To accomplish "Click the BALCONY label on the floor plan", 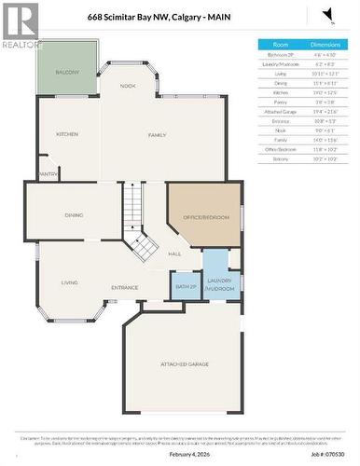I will [67, 72].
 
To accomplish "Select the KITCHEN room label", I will [66, 134].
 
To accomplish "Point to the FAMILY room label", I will [156, 135].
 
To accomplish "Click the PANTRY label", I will [48, 173].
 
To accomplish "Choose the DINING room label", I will [74, 215].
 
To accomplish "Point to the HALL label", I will [174, 254].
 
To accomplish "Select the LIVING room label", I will [69, 282].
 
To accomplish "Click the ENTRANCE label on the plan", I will [125, 288].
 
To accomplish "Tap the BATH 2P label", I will [186, 286].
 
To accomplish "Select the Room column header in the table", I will [280, 44].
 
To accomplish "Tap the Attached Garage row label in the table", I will [280, 111].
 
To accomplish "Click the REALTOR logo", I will [21, 26].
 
